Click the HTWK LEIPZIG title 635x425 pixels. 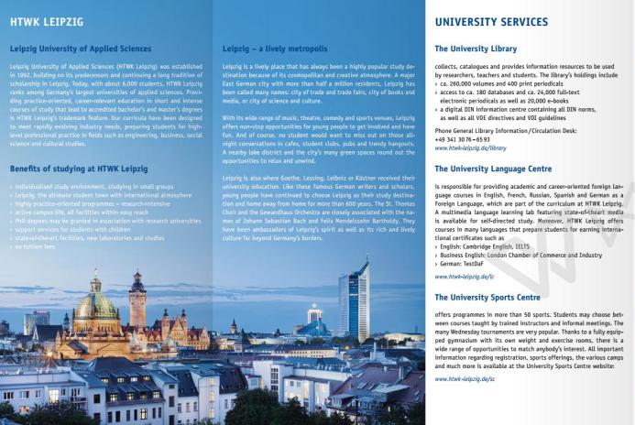pos(40,20)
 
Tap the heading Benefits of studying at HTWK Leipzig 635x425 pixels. pos(78,169)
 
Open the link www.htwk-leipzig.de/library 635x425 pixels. pos(470,147)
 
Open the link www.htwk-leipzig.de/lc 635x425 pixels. pos(464,276)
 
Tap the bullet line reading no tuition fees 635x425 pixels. pos(38,245)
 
